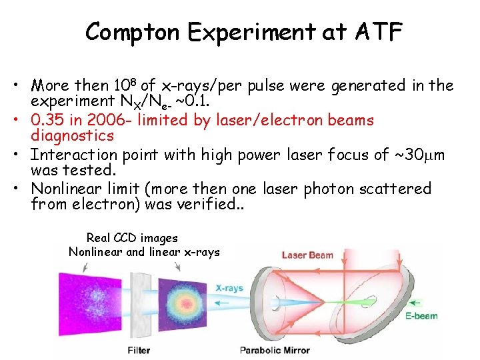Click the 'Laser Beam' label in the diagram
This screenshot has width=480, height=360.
click(307, 255)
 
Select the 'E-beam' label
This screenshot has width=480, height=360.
click(421, 315)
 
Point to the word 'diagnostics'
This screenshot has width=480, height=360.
click(73, 135)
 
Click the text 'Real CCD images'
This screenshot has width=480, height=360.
click(132, 237)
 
